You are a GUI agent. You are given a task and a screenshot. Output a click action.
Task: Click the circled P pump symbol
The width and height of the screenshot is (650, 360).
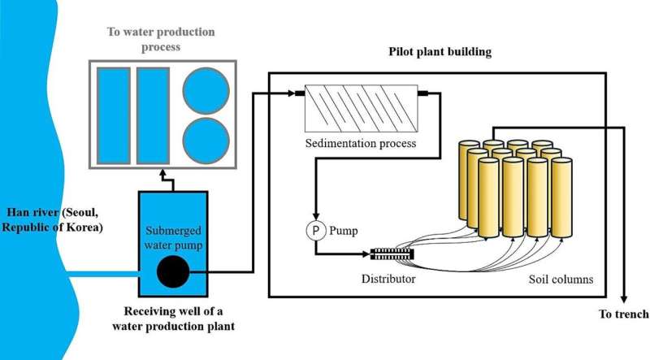click(315, 231)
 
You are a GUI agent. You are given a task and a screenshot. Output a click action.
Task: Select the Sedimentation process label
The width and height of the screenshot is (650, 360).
click(361, 144)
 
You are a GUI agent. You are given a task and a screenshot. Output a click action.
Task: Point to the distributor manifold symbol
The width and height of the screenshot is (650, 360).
click(392, 254)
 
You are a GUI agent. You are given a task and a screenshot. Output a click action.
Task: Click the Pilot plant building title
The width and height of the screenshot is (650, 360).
click(440, 52)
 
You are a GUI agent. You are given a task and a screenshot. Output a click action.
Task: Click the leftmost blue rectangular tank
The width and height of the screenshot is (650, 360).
click(113, 116)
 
